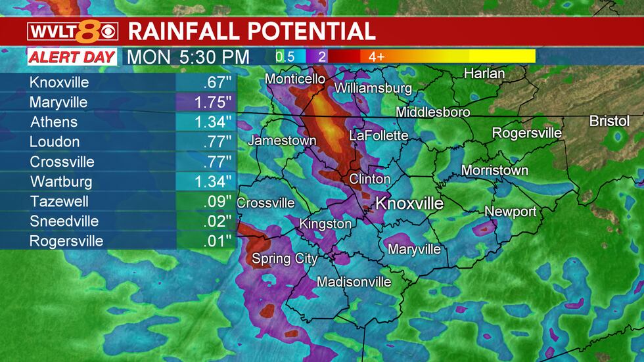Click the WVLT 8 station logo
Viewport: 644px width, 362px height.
click(73, 32)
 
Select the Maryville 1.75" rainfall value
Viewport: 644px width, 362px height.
click(206, 103)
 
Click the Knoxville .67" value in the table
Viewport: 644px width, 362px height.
click(206, 83)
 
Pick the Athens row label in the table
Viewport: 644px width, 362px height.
click(53, 122)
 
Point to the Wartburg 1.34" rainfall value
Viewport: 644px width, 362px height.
click(206, 182)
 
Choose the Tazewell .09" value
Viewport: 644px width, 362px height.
click(206, 202)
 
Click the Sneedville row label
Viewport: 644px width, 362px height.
click(64, 221)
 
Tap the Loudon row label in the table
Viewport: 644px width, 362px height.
click(55, 142)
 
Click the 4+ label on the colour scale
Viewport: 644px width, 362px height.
click(377, 57)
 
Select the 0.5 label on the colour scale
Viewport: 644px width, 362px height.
click(285, 57)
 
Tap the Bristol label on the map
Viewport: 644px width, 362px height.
click(609, 122)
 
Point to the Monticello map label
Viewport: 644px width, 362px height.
click(295, 79)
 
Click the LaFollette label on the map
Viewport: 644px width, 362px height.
click(379, 136)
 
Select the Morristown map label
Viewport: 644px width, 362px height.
click(494, 171)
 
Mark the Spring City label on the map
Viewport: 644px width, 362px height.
click(285, 259)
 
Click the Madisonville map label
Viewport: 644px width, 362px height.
click(354, 283)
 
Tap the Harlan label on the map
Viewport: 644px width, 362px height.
click(484, 74)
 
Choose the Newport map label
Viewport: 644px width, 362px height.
click(511, 212)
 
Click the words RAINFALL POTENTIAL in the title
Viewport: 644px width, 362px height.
click(252, 31)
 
